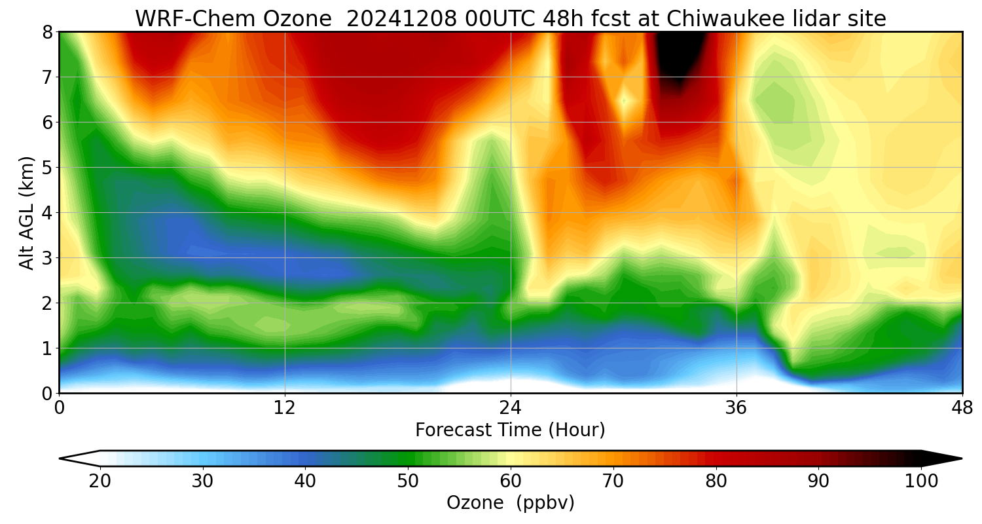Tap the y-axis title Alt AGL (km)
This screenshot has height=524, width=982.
[x=27, y=212]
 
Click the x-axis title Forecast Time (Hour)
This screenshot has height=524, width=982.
[x=510, y=430]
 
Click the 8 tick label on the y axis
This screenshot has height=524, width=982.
[x=47, y=32]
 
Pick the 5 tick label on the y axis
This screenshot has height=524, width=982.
[x=47, y=168]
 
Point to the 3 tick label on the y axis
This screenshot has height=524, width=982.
[x=47, y=258]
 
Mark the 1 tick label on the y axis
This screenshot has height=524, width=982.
[x=47, y=348]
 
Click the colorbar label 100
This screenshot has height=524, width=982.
[x=920, y=481]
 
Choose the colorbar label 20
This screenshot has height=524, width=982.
[x=100, y=481]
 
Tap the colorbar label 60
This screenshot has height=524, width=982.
[x=511, y=481]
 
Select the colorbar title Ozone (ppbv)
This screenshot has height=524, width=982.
[x=510, y=502]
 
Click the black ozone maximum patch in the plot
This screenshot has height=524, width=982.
[x=680, y=56]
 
